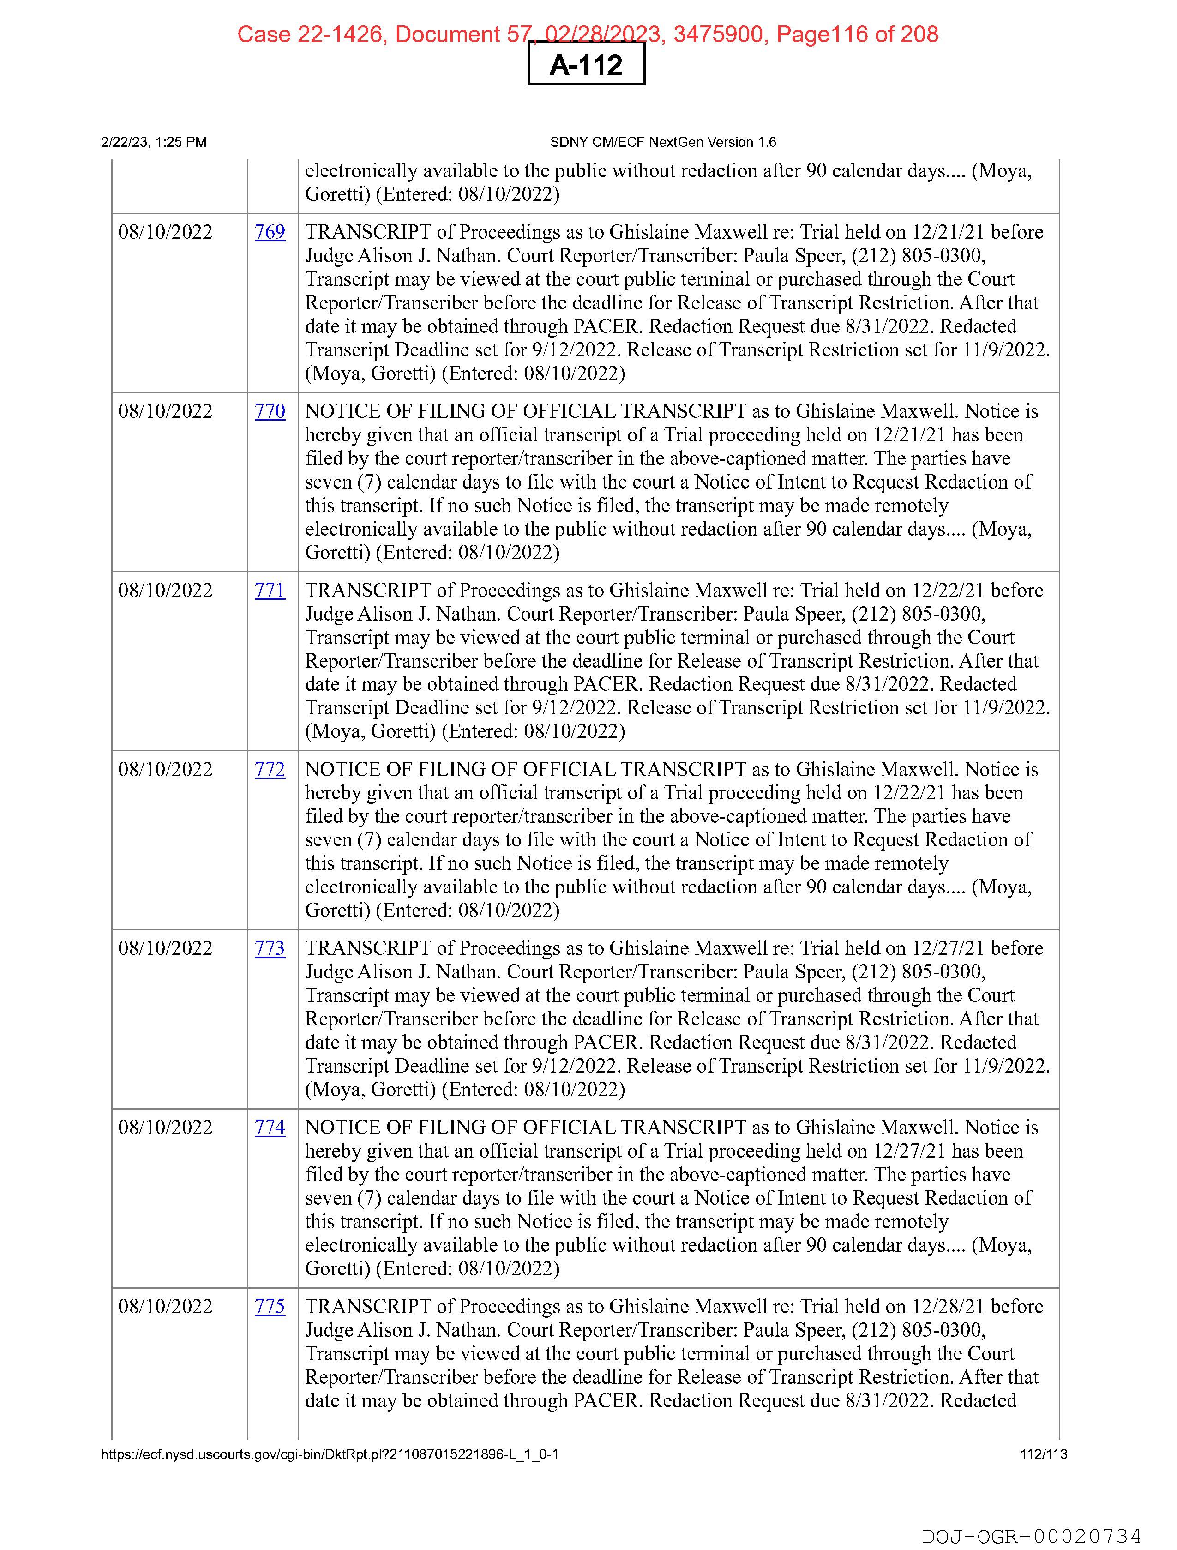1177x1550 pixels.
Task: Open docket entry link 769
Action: tap(270, 232)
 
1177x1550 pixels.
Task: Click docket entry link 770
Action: tap(270, 411)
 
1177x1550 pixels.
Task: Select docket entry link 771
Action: tap(270, 590)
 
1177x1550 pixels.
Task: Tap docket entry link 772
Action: tap(270, 769)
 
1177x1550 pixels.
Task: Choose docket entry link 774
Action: tap(270, 1128)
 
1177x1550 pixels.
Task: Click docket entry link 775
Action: tap(270, 1306)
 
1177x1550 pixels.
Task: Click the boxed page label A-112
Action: tap(586, 65)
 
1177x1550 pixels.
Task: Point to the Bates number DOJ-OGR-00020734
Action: tap(1031, 1536)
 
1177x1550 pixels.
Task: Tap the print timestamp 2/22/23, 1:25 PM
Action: tap(153, 142)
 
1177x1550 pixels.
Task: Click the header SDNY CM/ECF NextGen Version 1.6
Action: tap(663, 142)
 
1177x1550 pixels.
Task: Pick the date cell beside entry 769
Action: tap(165, 232)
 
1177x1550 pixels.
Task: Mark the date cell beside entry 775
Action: tap(165, 1306)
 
